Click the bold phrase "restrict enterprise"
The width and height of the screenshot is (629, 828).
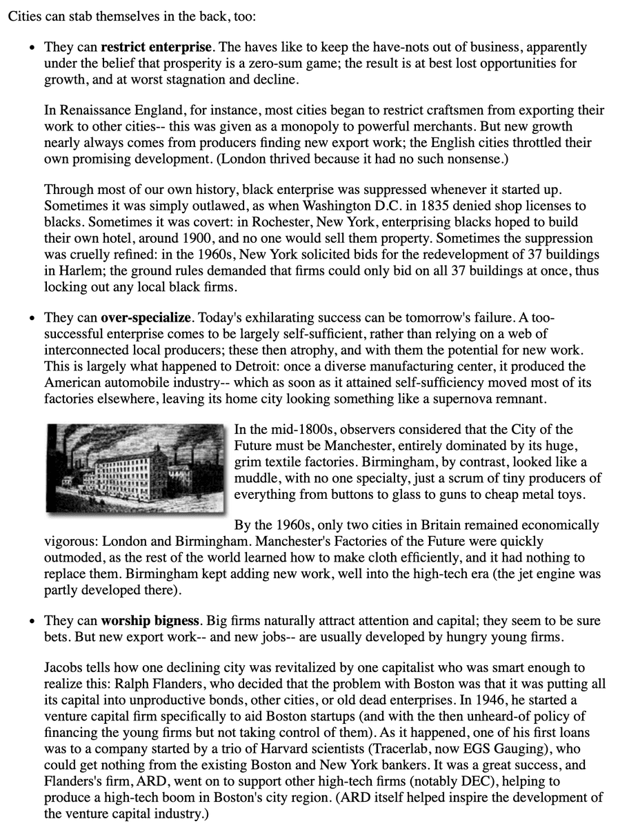(157, 48)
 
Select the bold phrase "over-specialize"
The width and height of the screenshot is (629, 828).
(146, 318)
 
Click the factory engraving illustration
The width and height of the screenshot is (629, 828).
(136, 467)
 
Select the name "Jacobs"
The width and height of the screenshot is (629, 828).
(63, 669)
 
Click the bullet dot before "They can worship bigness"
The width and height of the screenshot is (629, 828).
(32, 621)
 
